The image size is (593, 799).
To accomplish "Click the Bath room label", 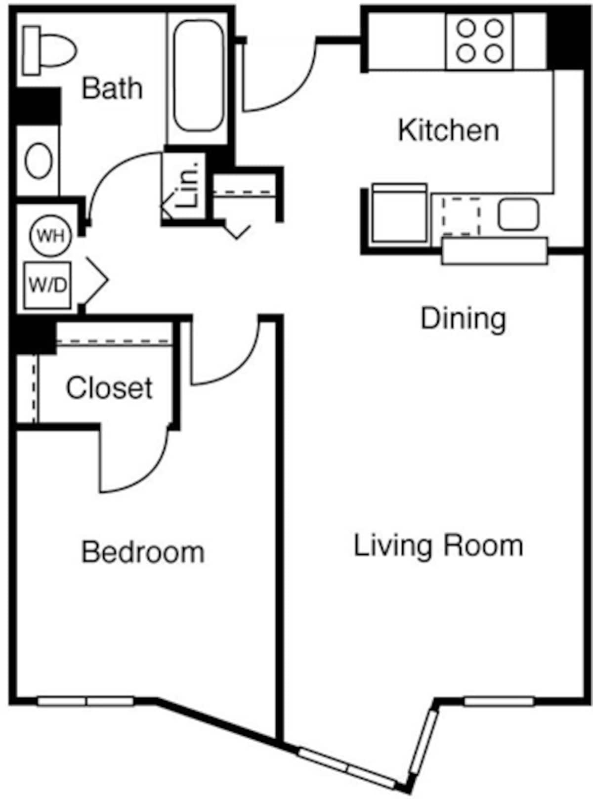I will coord(112,88).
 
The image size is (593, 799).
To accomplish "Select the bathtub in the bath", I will coord(198,77).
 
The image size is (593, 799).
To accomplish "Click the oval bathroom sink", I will coord(39,161).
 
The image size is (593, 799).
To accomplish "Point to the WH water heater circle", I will coord(51,236).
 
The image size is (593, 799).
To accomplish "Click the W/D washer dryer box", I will coord(47,285).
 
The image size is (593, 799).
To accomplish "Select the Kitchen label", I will coord(448,130).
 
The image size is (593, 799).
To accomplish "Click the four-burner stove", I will coord(479,41).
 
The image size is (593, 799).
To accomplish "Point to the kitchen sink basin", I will coord(517,214).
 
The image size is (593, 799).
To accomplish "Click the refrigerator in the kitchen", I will coord(399,213).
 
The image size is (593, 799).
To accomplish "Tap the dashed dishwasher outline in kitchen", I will coord(461,216).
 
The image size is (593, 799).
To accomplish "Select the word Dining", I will coord(463,318).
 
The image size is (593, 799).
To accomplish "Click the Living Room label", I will coord(438,546).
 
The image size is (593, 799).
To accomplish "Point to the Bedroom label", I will coord(143,552).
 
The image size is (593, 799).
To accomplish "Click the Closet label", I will coord(109,388).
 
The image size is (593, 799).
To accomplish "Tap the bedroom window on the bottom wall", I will coord(86,701).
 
